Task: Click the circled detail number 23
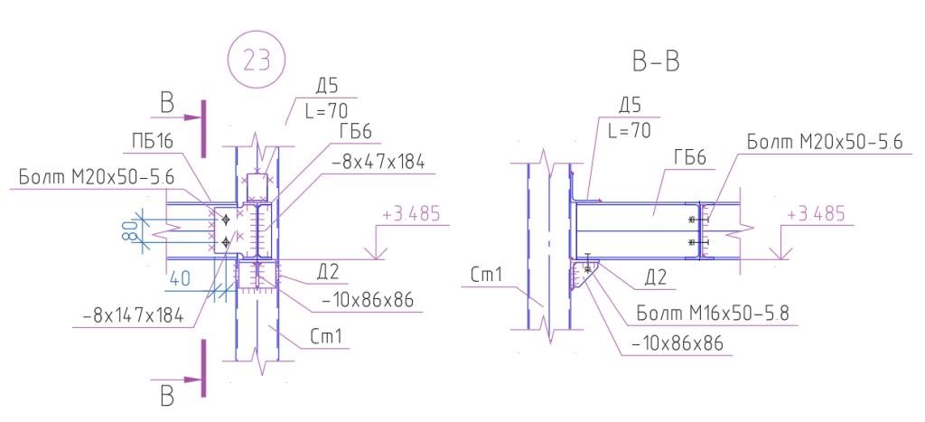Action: (x=256, y=60)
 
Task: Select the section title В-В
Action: (x=656, y=61)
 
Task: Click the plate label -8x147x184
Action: (x=133, y=317)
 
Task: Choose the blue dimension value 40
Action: (x=179, y=278)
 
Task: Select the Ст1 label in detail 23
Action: (x=326, y=337)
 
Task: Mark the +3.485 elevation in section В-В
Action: (x=817, y=213)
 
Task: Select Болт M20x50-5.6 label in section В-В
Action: (x=825, y=142)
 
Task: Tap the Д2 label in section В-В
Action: (x=655, y=277)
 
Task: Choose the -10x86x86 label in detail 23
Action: (x=368, y=300)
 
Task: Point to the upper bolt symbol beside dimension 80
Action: (x=225, y=220)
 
